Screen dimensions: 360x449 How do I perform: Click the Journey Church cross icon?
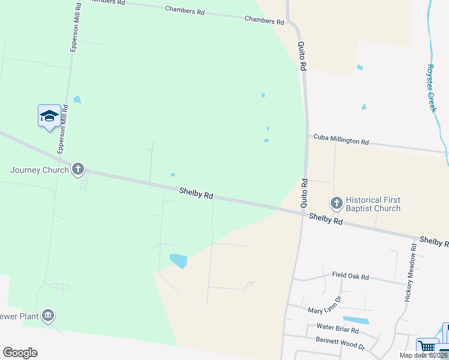pyautogui.click(x=77, y=170)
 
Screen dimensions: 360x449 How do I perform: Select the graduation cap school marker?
pyautogui.click(x=49, y=116)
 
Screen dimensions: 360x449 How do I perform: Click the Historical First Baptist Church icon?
pyautogui.click(x=336, y=203)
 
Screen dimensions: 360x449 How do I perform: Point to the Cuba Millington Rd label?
pyautogui.click(x=341, y=141)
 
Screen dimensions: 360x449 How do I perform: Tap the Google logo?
pyautogui.click(x=20, y=353)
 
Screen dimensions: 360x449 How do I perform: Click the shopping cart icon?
pyautogui.click(x=427, y=346)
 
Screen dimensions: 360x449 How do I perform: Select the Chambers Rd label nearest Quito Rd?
pyautogui.click(x=264, y=20)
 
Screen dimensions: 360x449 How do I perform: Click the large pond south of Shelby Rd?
pyautogui.click(x=179, y=260)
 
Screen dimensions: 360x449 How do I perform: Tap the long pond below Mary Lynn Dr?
pyautogui.click(x=356, y=320)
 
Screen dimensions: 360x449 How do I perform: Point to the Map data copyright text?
pyautogui.click(x=423, y=355)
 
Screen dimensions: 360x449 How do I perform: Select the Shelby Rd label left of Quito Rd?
pyautogui.click(x=196, y=193)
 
